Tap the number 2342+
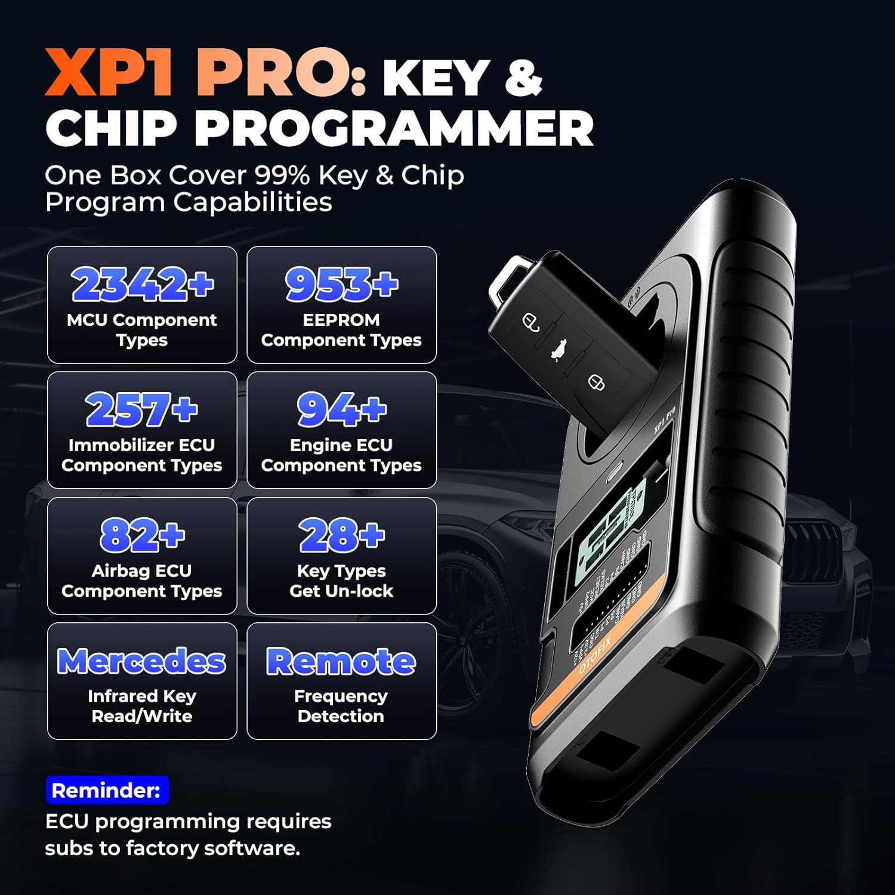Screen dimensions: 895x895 142,284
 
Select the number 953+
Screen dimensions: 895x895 341,284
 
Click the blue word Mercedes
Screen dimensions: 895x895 142,661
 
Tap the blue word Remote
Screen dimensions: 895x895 341,661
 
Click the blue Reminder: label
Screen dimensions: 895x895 107,791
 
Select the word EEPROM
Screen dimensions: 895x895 341,320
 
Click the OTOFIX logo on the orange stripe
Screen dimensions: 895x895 595,655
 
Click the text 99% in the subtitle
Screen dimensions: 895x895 282,175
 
